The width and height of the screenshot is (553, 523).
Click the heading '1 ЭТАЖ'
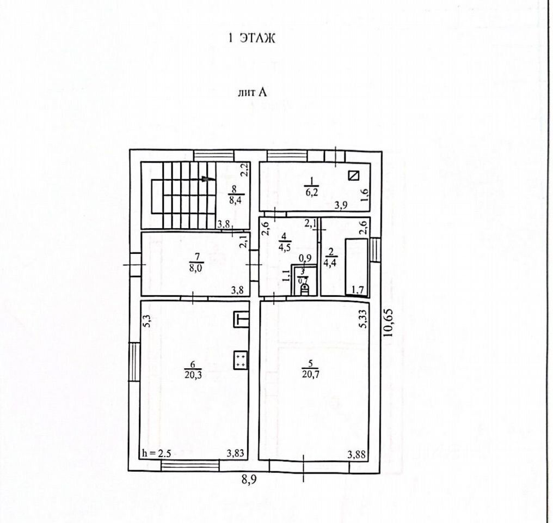coord(251,38)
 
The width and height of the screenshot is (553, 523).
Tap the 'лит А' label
coord(252,92)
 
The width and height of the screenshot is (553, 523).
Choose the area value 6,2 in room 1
coord(311,192)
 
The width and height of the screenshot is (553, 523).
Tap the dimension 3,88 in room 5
coord(357,453)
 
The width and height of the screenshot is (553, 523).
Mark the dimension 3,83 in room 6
coord(235,453)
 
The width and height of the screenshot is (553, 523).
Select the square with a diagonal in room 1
coord(354,175)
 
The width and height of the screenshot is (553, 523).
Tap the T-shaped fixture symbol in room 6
coord(241,319)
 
